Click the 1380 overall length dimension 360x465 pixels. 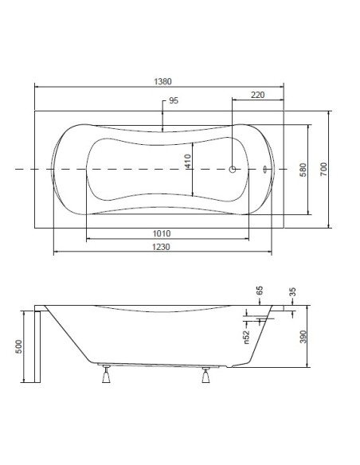tap(162, 81)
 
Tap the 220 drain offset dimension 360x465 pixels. tap(257, 95)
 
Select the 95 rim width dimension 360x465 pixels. tap(174, 100)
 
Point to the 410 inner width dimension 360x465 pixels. tap(188, 161)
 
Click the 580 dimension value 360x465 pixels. tap(303, 170)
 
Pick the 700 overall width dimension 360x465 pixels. tap(323, 169)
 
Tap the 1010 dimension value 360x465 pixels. tap(162, 233)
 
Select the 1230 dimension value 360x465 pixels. tap(162, 247)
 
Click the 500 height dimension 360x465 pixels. tap(18, 346)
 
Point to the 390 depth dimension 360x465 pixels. tap(303, 337)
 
